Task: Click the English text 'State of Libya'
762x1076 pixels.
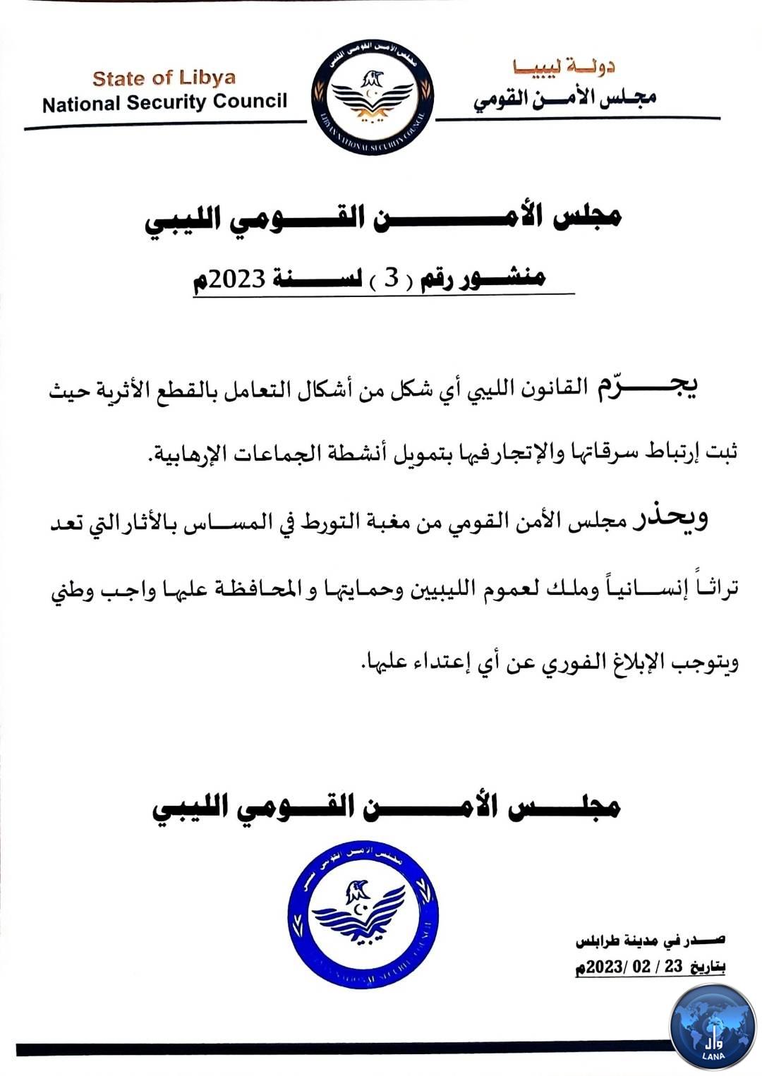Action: [x=164, y=78]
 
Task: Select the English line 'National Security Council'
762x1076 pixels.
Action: [x=164, y=103]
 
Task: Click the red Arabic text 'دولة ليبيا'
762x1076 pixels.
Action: [x=564, y=68]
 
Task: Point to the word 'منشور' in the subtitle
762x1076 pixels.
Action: [x=503, y=278]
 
